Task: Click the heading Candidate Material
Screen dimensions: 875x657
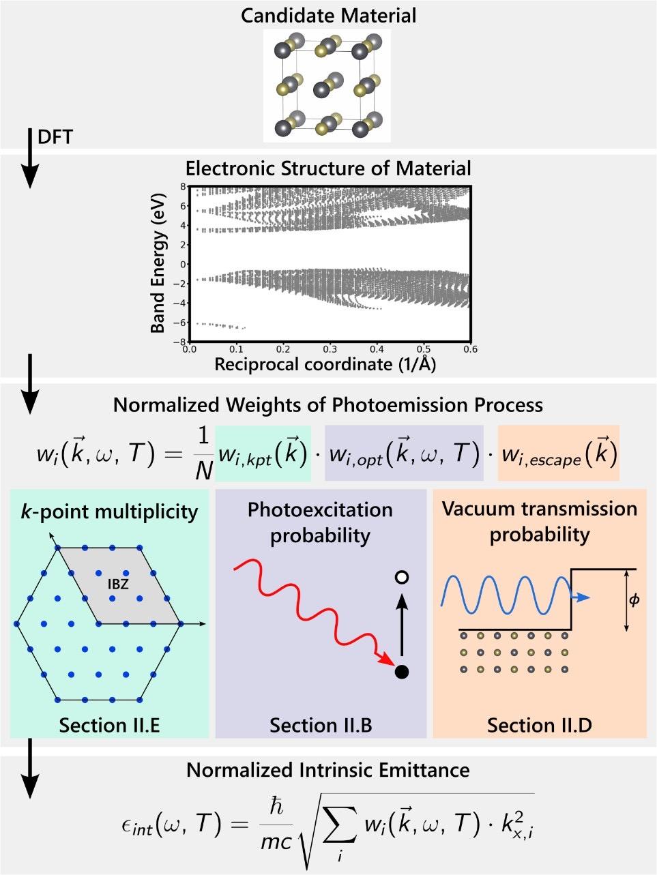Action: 327,14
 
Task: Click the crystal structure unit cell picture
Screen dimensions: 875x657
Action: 327,85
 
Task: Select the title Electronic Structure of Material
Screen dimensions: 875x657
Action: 328,168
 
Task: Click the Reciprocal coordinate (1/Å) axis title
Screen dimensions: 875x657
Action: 325,364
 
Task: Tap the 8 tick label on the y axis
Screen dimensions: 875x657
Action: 183,186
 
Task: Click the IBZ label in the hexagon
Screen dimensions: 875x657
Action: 118,584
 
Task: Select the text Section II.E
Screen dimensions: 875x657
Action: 109,725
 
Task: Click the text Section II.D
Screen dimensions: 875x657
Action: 539,725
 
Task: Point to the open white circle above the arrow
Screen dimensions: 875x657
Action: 402,578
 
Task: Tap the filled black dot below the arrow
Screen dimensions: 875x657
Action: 402,672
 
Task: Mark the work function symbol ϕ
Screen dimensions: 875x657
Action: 634,601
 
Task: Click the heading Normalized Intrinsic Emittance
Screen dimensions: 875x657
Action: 328,770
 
